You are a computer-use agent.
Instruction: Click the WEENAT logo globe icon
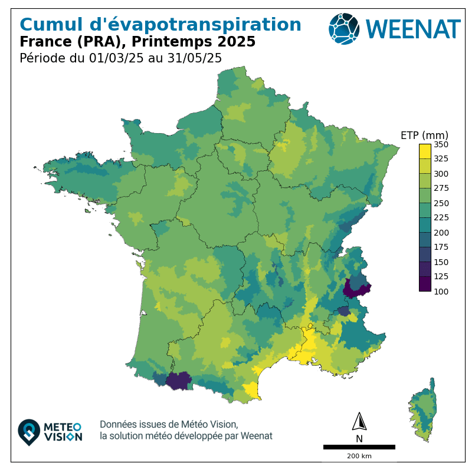pos(344,28)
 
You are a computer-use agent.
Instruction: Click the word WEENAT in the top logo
pos(412,29)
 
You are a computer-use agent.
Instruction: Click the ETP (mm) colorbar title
pos(424,135)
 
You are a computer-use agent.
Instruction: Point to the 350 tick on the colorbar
pos(441,144)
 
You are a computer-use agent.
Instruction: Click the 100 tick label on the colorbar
pos(441,292)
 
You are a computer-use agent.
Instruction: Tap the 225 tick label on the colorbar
pos(441,218)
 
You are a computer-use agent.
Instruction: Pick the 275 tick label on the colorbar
pos(441,188)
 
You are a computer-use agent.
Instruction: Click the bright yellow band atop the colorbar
pos(424,151)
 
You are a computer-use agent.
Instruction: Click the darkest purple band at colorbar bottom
pos(424,284)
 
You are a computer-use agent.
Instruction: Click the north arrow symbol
pos(359,422)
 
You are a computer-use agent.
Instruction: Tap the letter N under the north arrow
pos(359,438)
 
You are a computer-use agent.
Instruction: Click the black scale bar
pos(359,447)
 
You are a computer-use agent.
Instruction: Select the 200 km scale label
pos(359,457)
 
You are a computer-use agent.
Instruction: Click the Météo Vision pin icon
pos(29,432)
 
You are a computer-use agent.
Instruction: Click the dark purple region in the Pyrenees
pos(178,381)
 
